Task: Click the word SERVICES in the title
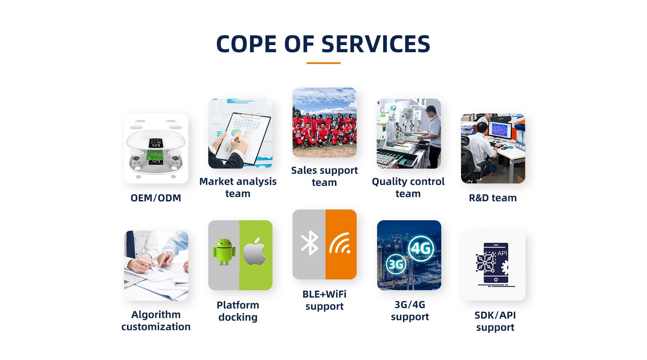pos(376,44)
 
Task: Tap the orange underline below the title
pos(323,63)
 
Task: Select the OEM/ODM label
pos(156,198)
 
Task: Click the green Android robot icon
pos(224,252)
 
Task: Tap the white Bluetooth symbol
pos(309,243)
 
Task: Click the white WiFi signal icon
pos(340,243)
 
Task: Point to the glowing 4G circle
pos(421,249)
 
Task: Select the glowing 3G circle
pos(396,264)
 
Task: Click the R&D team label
pos(493,198)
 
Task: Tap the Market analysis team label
pos(238,188)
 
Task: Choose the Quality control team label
pos(408,188)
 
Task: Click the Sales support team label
pos(325,176)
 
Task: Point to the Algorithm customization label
pos(156,321)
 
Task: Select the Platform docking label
pos(238,311)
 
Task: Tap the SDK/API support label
pos(495,321)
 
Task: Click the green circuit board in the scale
pos(155,155)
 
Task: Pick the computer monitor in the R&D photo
pos(500,130)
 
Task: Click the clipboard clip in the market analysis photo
pos(251,117)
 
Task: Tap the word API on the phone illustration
pos(502,253)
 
